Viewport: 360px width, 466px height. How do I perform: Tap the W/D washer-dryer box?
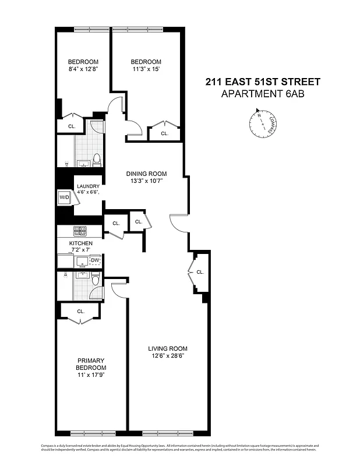[x=63, y=197]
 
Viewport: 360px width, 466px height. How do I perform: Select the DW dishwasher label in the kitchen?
[x=96, y=260]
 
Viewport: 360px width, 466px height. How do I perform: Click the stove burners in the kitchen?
[x=80, y=230]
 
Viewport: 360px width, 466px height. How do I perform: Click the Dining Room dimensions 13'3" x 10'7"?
[x=147, y=181]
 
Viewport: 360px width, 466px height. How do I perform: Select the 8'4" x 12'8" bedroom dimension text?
[x=83, y=70]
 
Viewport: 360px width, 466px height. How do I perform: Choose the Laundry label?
[x=88, y=187]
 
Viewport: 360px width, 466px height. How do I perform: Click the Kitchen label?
[x=81, y=243]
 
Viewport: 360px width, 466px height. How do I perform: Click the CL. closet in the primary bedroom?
[x=80, y=311]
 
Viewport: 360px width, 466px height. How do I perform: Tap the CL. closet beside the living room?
[x=200, y=272]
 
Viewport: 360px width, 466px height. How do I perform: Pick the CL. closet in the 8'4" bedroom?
[x=72, y=126]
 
